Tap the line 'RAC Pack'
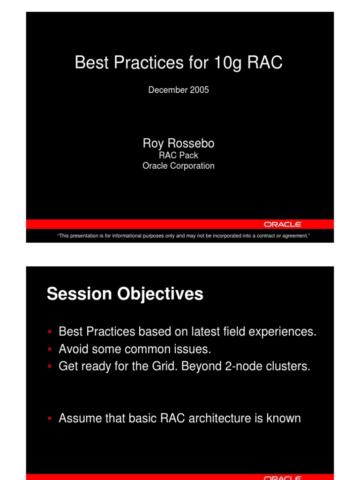click(179, 155)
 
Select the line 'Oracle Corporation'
click(179, 166)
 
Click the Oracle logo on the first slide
click(282, 225)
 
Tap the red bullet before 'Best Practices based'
click(50, 332)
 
